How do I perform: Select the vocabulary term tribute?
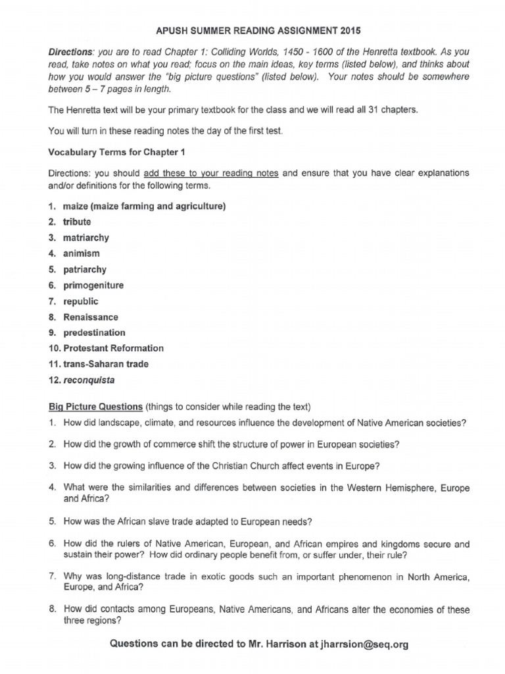[x=77, y=222]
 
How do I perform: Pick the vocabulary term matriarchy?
[x=85, y=238]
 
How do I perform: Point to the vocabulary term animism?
[x=82, y=253]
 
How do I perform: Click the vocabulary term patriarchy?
[x=84, y=269]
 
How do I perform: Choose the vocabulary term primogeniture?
[x=93, y=285]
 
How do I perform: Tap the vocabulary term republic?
[x=81, y=301]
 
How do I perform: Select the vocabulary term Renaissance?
[x=91, y=317]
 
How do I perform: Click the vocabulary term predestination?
[x=94, y=332]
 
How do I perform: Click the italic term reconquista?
[x=93, y=380]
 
